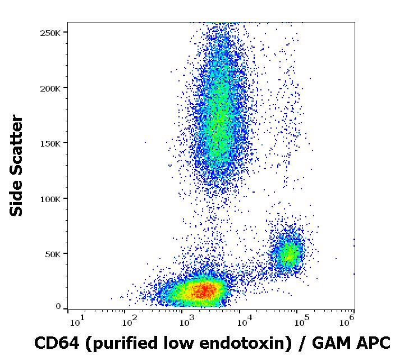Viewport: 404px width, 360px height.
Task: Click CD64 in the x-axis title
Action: point(54,343)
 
